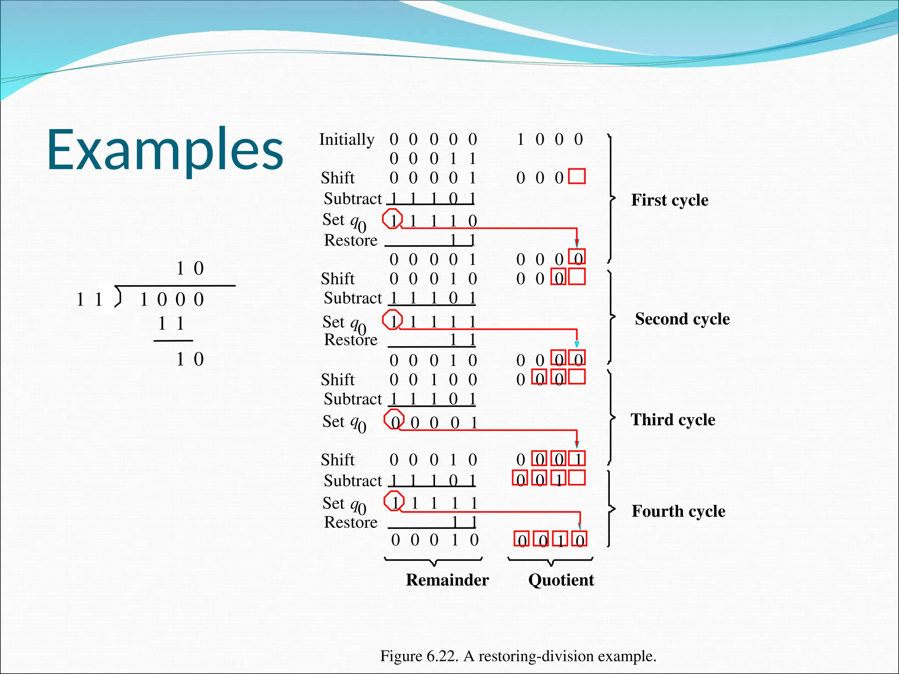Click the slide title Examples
[x=165, y=149]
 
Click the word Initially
[x=346, y=140]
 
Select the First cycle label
[x=669, y=200]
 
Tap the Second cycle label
[x=682, y=319]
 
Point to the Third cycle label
[x=672, y=420]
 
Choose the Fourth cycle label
[x=678, y=511]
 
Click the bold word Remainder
[x=447, y=580]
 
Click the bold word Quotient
[x=561, y=580]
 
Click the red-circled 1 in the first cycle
[x=393, y=219]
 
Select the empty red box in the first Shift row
[x=577, y=176]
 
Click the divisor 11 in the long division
[x=89, y=300]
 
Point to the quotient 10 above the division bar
[x=190, y=269]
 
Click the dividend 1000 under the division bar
[x=172, y=300]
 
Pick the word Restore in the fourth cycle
[x=350, y=523]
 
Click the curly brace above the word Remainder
[x=433, y=561]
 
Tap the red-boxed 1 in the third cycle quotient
[x=577, y=459]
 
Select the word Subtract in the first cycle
[x=352, y=199]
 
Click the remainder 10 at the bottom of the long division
[x=190, y=359]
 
